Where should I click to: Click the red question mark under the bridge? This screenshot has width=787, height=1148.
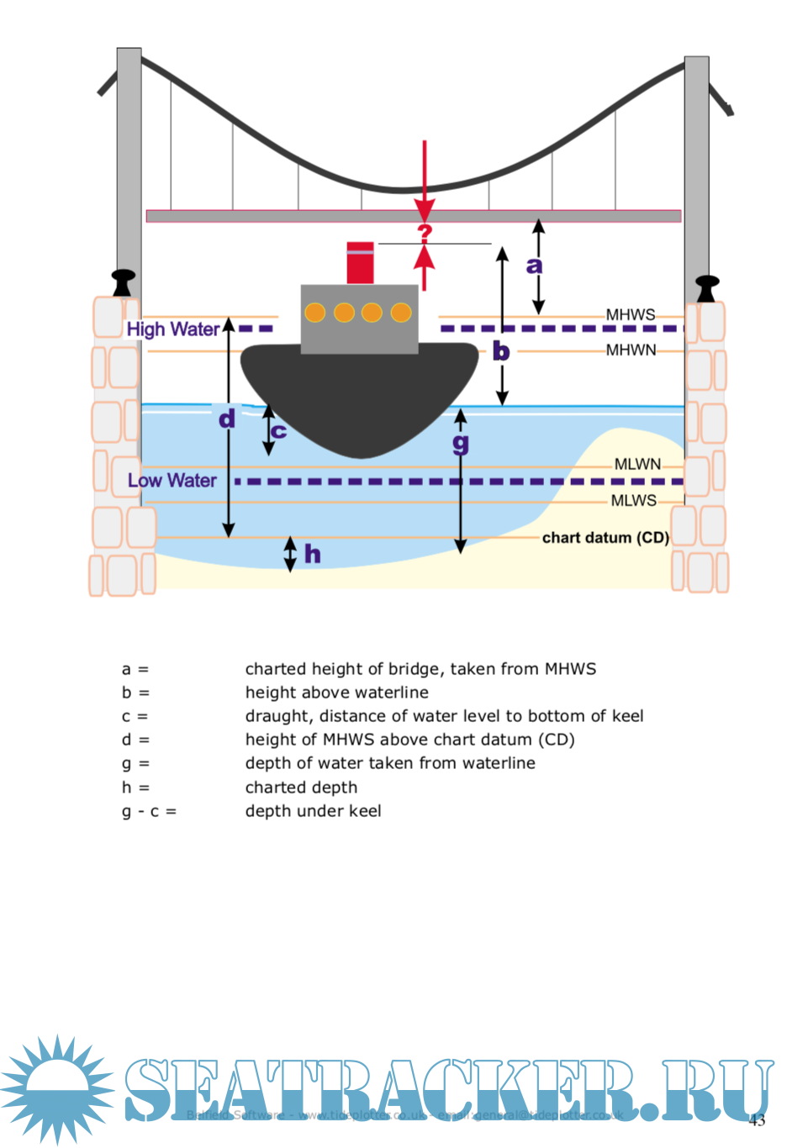(425, 233)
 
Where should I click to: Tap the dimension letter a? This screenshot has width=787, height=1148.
(534, 266)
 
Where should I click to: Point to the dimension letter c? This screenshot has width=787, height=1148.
(279, 431)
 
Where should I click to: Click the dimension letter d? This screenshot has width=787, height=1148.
(227, 418)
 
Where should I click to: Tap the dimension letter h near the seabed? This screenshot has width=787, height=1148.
(312, 553)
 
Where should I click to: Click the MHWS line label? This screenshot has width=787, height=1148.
(630, 314)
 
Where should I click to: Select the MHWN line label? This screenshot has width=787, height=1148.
(631, 350)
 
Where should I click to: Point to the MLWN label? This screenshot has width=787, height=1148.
(637, 464)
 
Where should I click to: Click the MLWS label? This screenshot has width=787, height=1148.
(633, 500)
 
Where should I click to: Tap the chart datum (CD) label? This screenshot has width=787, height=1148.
(605, 537)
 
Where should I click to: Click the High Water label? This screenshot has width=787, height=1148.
(172, 329)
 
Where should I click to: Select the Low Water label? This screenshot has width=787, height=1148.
(172, 480)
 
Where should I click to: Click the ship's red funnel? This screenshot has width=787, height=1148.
(360, 263)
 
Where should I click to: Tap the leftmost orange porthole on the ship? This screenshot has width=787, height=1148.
(315, 313)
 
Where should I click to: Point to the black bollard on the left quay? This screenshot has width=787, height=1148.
(124, 282)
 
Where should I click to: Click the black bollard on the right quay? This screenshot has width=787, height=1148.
(706, 288)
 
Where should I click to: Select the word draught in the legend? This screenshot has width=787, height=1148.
(277, 716)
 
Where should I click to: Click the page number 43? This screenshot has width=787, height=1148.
(758, 1120)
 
